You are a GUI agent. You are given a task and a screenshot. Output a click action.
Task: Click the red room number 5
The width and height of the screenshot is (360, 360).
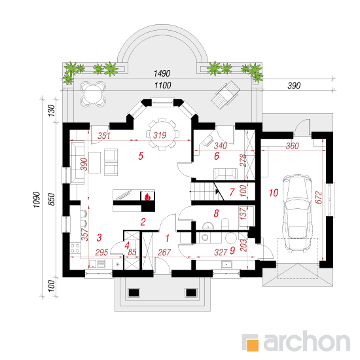tap(141, 156)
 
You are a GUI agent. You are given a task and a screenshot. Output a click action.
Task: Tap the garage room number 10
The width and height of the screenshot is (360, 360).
tap(274, 193)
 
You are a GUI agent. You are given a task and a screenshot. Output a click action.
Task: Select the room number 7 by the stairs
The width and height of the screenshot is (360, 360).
tap(232, 192)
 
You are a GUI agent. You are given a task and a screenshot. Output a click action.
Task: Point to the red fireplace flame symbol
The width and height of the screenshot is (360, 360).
tap(147, 197)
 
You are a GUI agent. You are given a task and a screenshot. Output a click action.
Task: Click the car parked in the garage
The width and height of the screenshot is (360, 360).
tap(298, 213)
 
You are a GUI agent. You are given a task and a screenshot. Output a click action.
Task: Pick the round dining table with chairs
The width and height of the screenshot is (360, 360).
tap(162, 135)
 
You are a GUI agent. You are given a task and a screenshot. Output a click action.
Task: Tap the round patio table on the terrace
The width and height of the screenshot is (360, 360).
tap(93, 94)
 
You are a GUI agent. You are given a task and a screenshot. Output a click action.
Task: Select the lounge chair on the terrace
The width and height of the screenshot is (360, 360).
tap(226, 95)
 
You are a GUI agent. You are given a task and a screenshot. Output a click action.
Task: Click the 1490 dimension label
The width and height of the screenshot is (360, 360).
tap(162, 74)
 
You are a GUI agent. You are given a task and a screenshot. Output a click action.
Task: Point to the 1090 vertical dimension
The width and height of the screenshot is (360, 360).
tap(37, 200)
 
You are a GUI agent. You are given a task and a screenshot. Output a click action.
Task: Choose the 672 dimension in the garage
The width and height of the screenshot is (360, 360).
tap(319, 198)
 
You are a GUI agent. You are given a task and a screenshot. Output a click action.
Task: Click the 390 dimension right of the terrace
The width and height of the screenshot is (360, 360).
tap(294, 86)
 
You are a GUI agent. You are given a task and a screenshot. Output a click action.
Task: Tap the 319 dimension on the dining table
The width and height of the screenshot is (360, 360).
tap(160, 135)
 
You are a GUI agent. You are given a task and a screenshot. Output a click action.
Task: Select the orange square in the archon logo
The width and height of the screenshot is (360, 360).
tap(252, 345)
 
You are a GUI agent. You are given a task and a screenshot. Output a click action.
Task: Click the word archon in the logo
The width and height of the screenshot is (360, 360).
tap(306, 341)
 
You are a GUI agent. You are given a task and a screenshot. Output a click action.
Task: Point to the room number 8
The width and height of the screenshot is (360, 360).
tap(216, 213)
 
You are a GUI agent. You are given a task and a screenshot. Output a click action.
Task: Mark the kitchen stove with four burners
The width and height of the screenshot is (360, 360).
tap(75, 249)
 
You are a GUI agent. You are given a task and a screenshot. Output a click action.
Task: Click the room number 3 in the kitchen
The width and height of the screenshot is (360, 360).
tap(99, 238)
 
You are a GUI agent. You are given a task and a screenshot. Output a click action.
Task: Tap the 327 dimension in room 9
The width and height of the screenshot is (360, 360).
tap(221, 253)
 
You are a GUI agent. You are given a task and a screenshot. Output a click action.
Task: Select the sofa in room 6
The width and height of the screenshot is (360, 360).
tap(225, 173)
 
